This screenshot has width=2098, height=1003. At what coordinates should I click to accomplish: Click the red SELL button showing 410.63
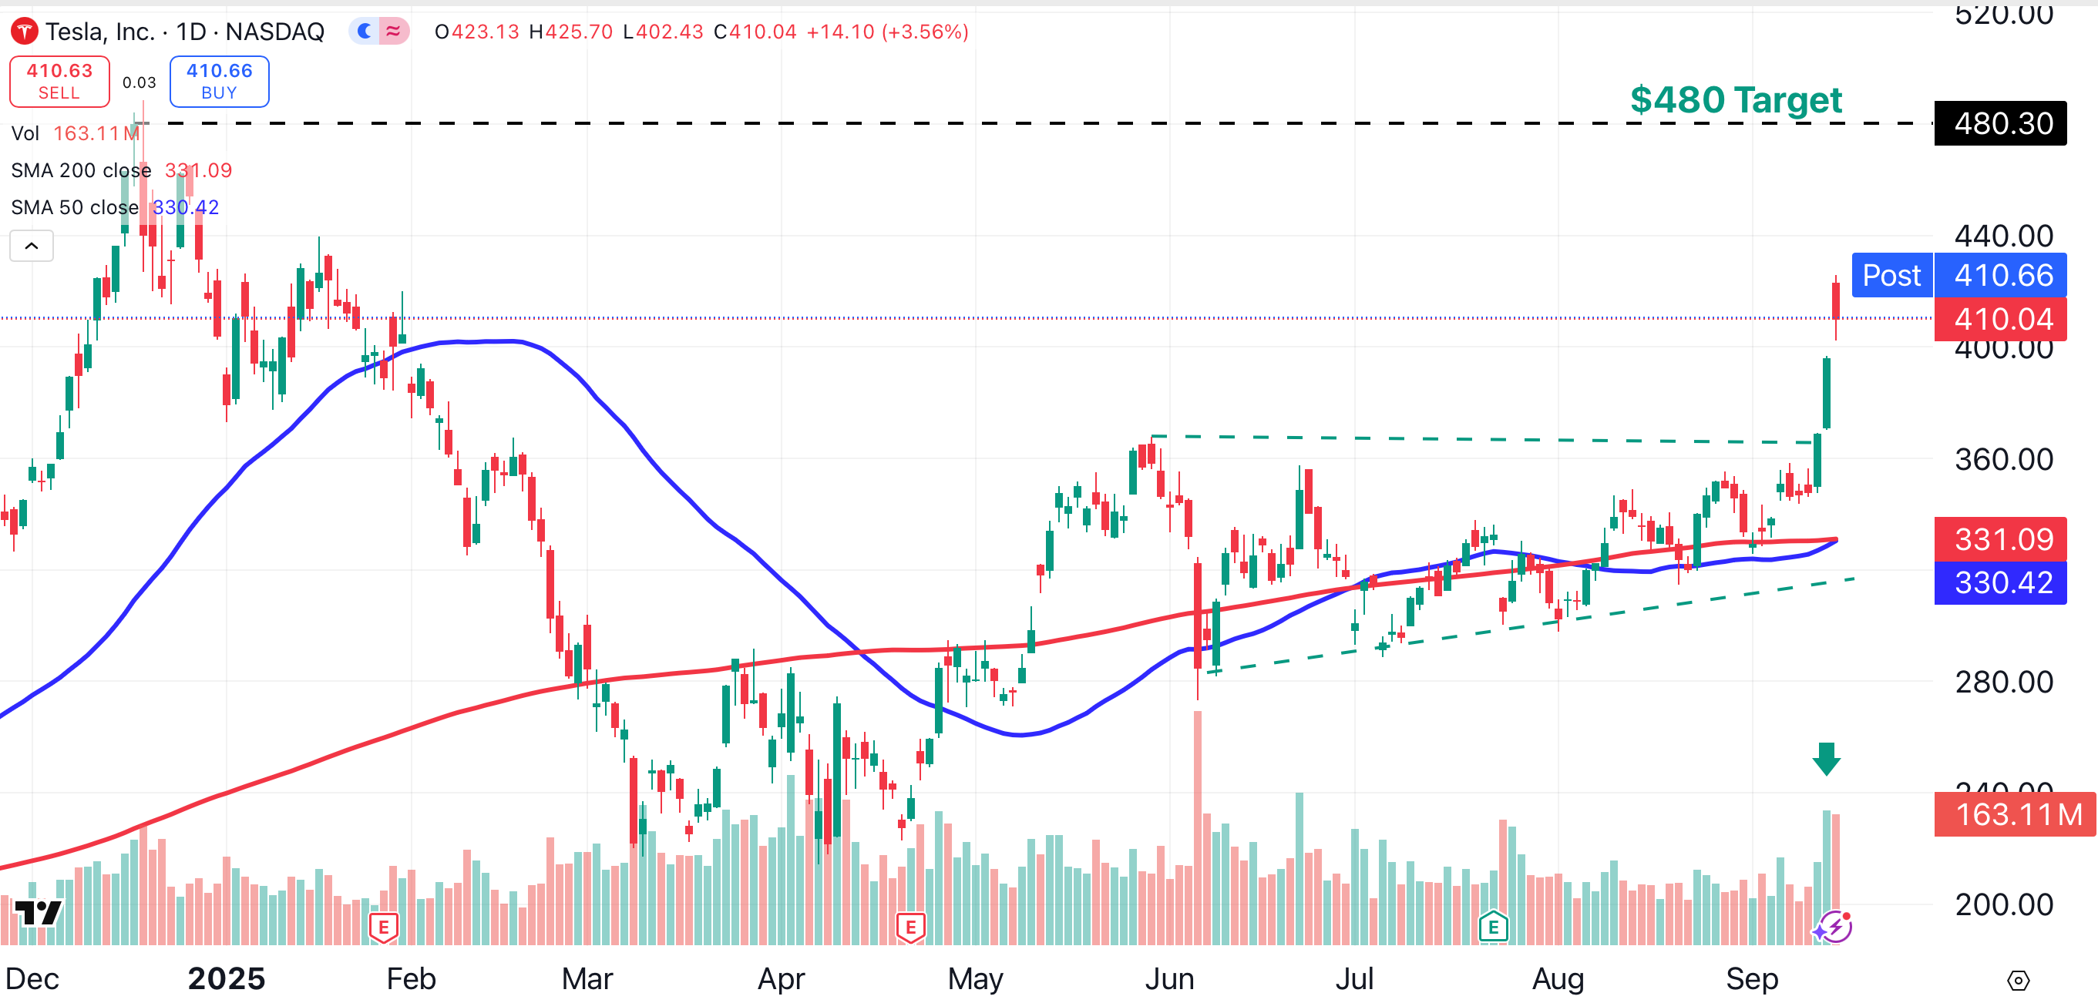59,82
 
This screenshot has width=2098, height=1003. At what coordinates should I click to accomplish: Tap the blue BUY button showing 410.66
219,82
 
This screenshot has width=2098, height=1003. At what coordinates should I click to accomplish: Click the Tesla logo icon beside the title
24,32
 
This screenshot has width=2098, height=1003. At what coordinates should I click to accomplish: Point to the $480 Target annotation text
1735,100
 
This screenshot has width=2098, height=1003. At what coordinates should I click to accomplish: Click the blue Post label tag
1891,275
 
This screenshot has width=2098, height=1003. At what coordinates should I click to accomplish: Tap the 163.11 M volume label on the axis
2013,814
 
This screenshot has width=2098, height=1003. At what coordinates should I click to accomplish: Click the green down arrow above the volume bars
1826,759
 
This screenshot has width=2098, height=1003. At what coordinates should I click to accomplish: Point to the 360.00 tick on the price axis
2003,460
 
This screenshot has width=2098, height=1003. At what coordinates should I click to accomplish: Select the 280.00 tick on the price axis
2003,683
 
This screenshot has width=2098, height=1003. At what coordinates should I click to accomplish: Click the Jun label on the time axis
1168,978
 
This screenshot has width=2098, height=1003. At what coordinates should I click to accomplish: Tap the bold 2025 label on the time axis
227,978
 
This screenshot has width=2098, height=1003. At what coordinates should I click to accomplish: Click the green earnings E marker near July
1493,927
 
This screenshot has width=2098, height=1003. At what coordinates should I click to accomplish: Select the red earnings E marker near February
384,927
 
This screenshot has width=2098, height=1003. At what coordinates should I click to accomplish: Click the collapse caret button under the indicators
32,246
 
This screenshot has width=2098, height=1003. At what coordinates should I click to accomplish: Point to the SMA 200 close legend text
82,170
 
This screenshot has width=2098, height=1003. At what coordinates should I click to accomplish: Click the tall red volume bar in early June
1197,822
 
